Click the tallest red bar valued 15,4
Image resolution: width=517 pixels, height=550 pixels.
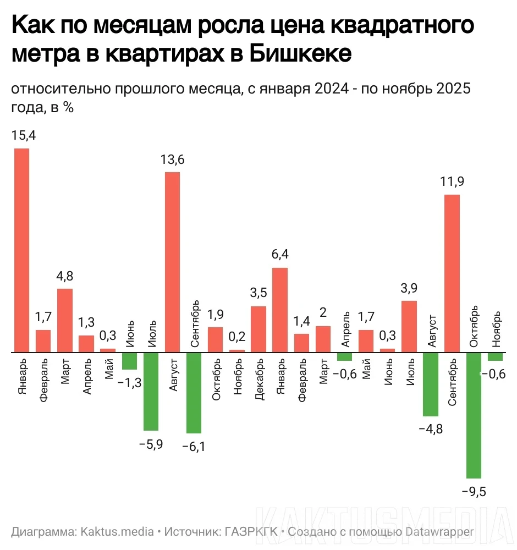[21, 250]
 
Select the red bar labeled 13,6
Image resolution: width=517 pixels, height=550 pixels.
[172, 262]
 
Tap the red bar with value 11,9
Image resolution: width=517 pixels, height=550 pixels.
[452, 273]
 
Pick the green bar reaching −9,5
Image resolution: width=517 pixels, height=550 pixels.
[474, 415]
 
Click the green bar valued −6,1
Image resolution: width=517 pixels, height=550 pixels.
[194, 393]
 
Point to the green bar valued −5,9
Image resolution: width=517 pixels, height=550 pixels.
[151, 391]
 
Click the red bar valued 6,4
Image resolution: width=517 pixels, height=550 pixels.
[280, 310]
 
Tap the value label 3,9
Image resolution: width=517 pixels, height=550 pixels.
[409, 288]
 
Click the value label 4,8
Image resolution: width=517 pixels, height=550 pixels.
[64, 276]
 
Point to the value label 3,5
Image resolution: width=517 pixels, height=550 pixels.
[258, 293]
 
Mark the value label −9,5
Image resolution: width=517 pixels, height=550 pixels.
[474, 491]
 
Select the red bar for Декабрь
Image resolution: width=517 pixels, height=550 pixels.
[258, 329]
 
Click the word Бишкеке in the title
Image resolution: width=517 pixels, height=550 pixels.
[300, 54]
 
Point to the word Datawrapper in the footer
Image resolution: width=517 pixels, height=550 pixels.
[439, 532]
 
